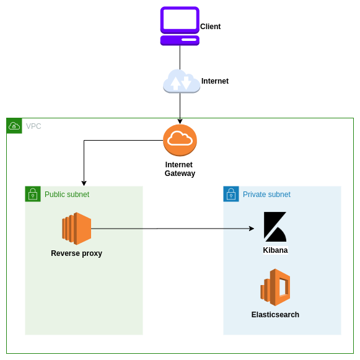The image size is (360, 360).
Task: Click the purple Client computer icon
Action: (180, 26)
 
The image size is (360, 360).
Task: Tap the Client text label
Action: (210, 27)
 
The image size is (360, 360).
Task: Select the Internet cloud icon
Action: (181, 81)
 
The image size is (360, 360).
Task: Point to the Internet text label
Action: (214, 81)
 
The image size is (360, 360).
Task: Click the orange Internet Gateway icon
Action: (180, 141)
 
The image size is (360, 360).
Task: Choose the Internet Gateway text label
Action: (180, 169)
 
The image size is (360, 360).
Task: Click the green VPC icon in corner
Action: (14, 126)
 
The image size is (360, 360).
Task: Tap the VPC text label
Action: (33, 126)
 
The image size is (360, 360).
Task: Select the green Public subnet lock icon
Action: (33, 194)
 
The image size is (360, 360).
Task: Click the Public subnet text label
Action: (66, 195)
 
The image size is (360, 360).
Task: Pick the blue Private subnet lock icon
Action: (231, 194)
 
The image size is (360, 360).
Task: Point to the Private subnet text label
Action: (266, 195)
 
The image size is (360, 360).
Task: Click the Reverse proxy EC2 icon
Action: (77, 229)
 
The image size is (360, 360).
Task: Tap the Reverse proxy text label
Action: (76, 253)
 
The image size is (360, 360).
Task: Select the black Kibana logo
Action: (274, 227)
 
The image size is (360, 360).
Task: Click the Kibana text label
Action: (275, 250)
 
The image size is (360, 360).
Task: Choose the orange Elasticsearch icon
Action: (275, 288)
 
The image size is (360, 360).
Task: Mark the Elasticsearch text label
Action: (275, 315)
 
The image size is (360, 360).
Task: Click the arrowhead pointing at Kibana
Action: (252, 229)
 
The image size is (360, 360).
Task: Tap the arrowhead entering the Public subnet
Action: (84, 183)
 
